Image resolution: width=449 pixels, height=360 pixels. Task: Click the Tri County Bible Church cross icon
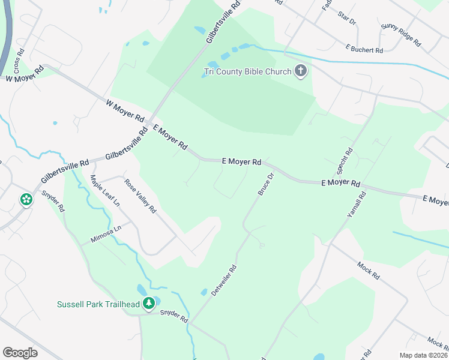[301, 72]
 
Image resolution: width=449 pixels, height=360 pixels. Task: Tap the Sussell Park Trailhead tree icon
[148, 304]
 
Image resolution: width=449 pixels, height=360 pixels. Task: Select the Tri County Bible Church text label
[247, 72]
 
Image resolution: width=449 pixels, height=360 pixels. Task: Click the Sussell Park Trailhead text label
[98, 304]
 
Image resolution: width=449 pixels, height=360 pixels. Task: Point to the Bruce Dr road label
[265, 184]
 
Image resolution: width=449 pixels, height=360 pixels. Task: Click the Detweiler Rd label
[224, 280]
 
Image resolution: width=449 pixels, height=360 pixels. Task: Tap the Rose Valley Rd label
[140, 196]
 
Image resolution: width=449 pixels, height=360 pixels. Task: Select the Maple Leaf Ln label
[104, 191]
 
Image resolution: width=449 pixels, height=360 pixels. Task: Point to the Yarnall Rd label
[356, 206]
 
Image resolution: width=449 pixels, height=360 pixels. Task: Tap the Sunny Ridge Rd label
[402, 36]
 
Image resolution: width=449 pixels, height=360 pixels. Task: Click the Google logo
[20, 352]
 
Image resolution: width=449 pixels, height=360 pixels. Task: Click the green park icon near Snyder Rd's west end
[26, 199]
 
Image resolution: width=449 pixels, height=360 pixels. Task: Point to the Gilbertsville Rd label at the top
[223, 21]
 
